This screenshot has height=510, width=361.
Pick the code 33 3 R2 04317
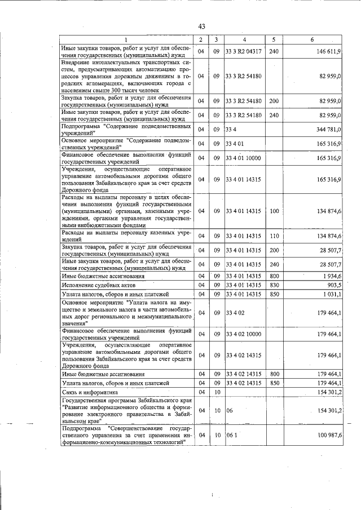point(243,51)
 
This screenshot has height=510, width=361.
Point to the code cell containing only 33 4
point(230,130)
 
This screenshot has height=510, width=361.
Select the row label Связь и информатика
point(89,392)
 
